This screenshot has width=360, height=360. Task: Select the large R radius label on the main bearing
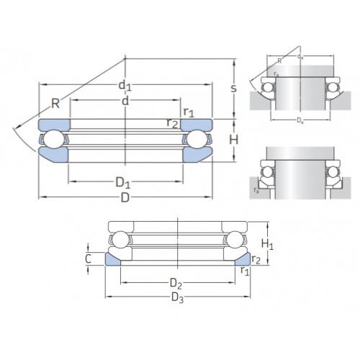56,102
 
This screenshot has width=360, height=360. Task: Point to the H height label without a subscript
233,138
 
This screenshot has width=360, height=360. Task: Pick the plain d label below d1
126,102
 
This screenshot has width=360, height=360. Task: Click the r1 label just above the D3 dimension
245,271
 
